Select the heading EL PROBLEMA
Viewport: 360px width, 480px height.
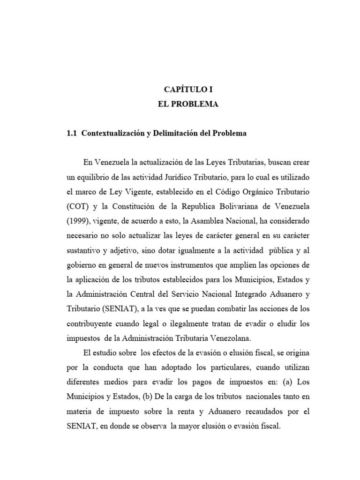click(187, 105)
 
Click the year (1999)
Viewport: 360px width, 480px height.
click(80, 221)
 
